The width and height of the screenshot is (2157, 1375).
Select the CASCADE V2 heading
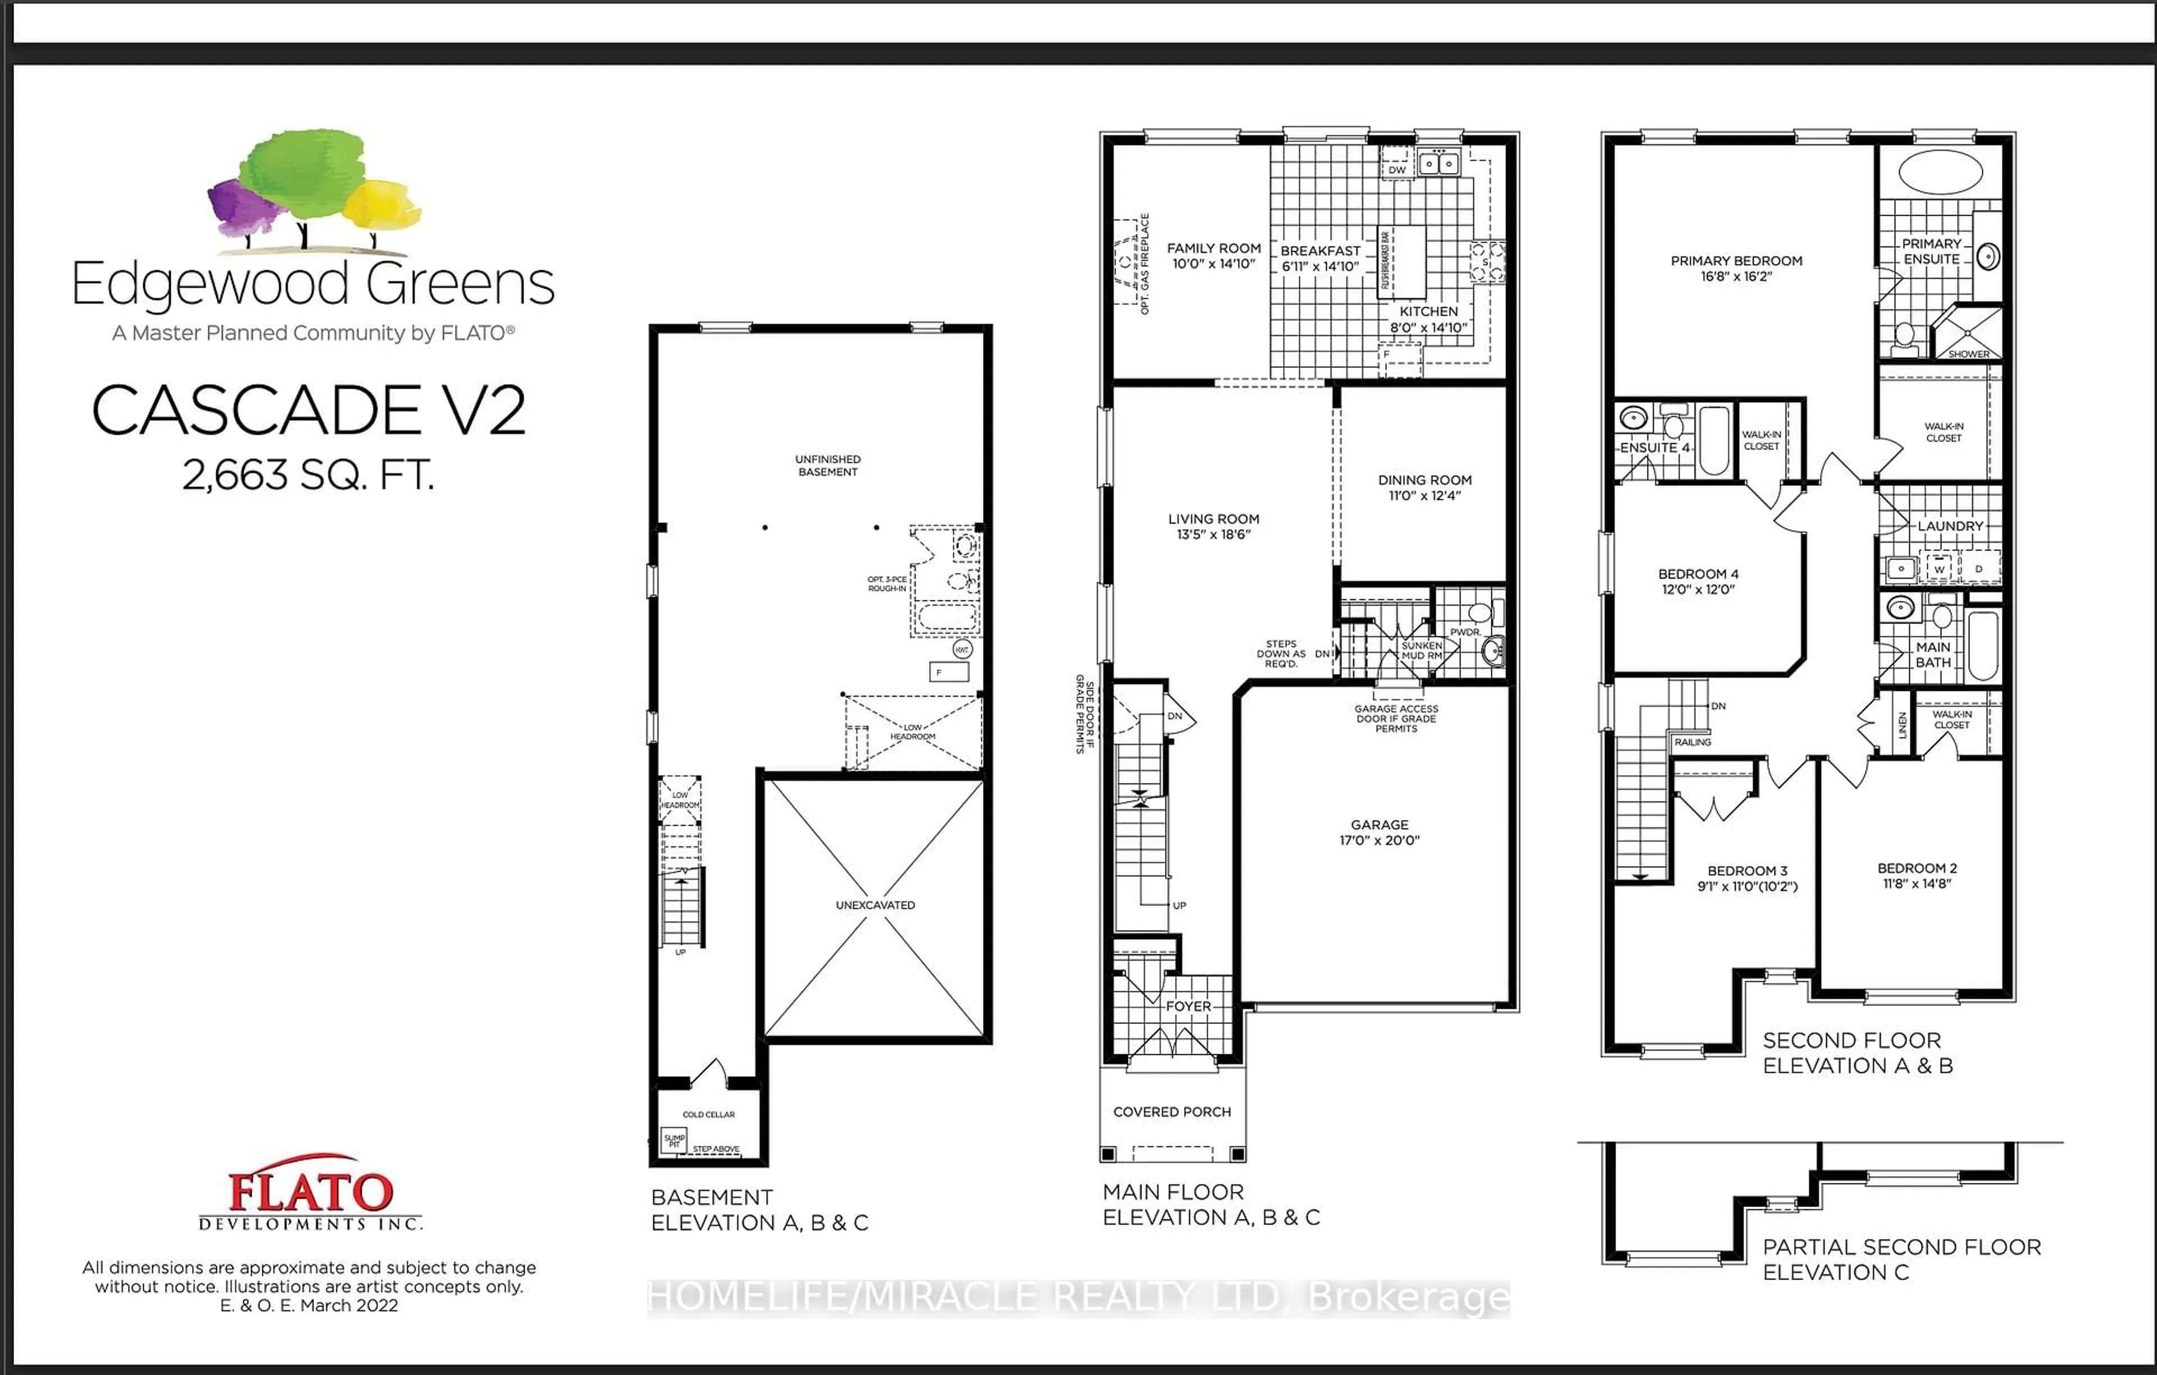308,410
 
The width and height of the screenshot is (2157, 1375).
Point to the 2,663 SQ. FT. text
308,475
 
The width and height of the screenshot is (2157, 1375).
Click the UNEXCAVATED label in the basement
875,905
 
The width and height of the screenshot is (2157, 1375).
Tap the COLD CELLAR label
708,1114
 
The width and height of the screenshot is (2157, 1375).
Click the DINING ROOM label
1425,480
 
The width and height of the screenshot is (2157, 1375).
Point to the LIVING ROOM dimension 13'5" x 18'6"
1214,535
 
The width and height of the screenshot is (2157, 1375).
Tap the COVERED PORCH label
1172,1112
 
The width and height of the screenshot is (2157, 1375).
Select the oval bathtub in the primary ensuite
1940,172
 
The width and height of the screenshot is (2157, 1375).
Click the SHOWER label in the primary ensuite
1969,354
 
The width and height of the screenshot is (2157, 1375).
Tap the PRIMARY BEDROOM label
1736,261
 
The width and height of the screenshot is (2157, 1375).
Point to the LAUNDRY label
1950,526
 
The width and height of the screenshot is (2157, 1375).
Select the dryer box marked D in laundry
1979,568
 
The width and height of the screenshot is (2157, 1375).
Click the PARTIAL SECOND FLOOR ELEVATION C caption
1901,1259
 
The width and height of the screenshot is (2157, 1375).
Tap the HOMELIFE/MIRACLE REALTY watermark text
1078,1296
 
